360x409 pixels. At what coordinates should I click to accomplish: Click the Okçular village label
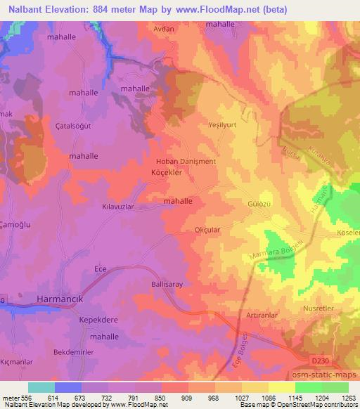coord(208,229)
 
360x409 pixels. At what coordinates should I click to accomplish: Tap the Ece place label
coord(100,269)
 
